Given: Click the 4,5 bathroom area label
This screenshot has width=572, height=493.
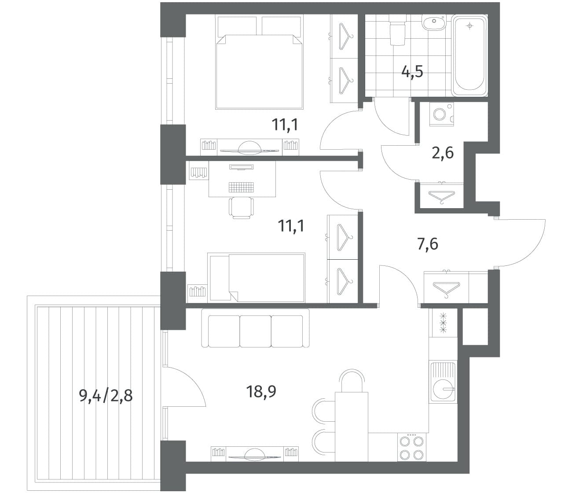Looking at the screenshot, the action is coord(412,72).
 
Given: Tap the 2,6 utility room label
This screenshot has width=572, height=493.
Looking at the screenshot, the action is coord(443,153).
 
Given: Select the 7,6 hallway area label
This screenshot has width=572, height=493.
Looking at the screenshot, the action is coord(428,244).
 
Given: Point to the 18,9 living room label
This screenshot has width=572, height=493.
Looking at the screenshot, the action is coord(261,392).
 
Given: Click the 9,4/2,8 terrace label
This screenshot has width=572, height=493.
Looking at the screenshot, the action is coord(106,396).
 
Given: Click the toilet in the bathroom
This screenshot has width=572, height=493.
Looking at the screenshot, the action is coord(397,30).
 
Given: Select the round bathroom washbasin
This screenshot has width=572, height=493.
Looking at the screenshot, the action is coord(434,22).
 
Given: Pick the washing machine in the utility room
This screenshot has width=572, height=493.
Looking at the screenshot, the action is coord(441,114).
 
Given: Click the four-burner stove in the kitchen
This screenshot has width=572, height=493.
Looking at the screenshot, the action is coord(412,447).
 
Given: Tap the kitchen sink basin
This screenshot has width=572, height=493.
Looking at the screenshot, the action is coord(443,389).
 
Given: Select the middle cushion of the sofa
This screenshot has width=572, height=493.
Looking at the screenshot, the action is coord(256,331).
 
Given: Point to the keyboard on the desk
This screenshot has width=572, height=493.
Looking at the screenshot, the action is coord(241,187).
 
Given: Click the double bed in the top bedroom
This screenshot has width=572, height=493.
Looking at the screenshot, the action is coord(259,62).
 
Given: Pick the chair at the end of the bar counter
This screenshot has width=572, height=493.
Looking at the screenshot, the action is coord(352,381).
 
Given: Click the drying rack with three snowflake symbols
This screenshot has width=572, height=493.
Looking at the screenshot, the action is coord(443,323).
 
